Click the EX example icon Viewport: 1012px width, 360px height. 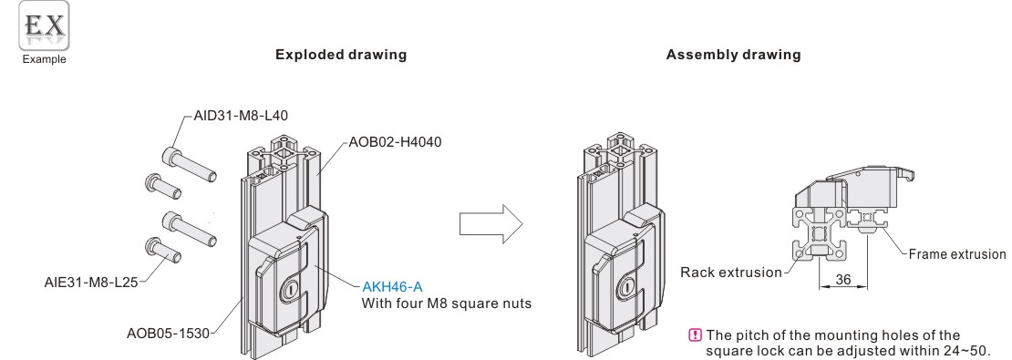(44, 26)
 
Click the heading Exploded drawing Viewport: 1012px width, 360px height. (341, 55)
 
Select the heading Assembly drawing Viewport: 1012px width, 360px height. (733, 55)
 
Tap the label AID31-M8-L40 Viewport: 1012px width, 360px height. (241, 116)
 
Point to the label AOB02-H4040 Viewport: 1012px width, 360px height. (395, 142)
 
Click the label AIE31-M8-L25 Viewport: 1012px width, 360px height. (91, 282)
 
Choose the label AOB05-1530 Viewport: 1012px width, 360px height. (168, 334)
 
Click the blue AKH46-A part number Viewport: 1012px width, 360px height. (392, 286)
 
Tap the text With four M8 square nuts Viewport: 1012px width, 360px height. (447, 303)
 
